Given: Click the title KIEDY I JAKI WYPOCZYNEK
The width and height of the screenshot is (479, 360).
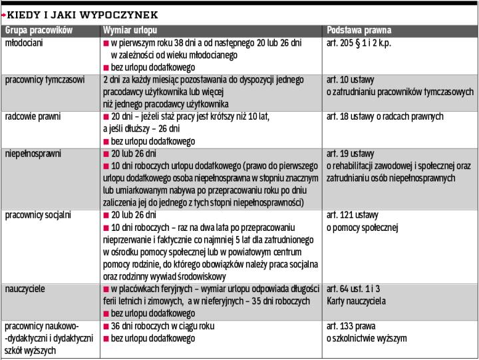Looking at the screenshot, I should click(82, 14).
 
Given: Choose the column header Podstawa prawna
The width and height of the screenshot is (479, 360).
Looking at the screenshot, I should click(359, 30).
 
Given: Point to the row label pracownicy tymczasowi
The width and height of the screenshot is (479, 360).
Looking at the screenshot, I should click(45, 79).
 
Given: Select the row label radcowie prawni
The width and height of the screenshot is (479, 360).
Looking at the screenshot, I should click(33, 116).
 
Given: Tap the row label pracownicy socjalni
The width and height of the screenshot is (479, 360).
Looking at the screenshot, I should click(38, 216).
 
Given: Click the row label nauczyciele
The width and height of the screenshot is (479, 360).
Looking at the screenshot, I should click(25, 289).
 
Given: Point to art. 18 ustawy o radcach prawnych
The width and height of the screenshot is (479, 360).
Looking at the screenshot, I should click(385, 116).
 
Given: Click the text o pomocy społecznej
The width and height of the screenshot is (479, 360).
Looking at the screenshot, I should click(361, 228).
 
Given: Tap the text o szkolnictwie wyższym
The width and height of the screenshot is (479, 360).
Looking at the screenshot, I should click(366, 339).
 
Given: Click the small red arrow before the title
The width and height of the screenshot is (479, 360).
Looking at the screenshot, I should click(3, 14).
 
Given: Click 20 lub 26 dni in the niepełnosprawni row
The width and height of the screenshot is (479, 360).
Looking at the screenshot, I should click(134, 154).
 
